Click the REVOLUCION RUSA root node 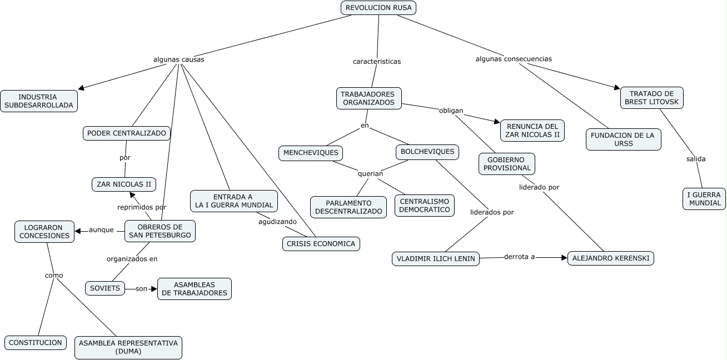[x=379, y=8]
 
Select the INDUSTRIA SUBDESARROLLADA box [x=39, y=101]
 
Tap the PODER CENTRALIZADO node [x=127, y=133]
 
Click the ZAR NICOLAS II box [x=124, y=184]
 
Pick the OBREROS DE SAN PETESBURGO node [x=160, y=231]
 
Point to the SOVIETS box [x=105, y=288]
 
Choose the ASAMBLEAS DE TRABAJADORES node [x=195, y=289]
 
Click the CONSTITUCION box [x=36, y=343]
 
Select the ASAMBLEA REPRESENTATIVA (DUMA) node [x=128, y=347]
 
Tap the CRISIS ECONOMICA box [x=321, y=244]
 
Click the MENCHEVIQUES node [x=311, y=153]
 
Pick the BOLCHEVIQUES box [x=427, y=152]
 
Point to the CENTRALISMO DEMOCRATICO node [x=425, y=206]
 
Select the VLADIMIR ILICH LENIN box [x=436, y=259]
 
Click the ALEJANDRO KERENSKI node [x=611, y=258]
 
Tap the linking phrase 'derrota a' [x=519, y=257]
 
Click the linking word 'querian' [x=370, y=174]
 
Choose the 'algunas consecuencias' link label [x=514, y=59]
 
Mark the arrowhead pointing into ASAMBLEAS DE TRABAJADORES [x=154, y=289]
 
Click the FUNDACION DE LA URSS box [x=624, y=139]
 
